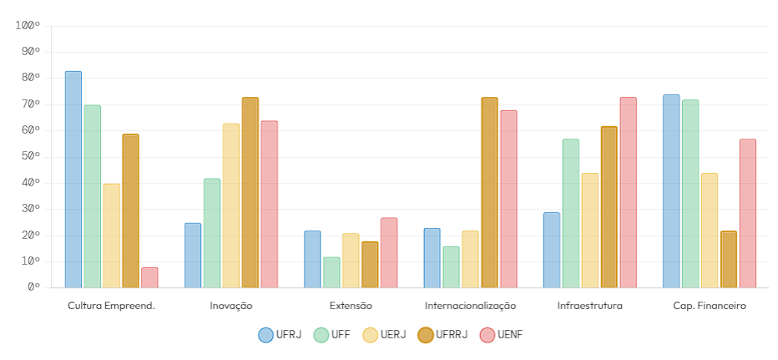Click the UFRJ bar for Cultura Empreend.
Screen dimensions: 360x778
pyautogui.click(x=73, y=180)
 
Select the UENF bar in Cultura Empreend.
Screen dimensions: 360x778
pyautogui.click(x=149, y=277)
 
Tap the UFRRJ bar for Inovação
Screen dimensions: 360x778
pyautogui.click(x=250, y=193)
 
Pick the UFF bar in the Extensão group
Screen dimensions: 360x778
pyautogui.click(x=331, y=272)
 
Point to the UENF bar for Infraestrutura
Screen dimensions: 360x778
pyautogui.click(x=628, y=193)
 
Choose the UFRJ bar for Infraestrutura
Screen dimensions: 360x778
pyautogui.click(x=552, y=250)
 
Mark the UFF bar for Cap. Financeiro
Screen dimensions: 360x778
pyautogui.click(x=690, y=194)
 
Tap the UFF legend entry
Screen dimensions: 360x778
pyautogui.click(x=331, y=335)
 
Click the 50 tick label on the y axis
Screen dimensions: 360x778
pyautogui.click(x=31, y=157)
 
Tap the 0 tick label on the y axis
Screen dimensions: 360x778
pyautogui.click(x=33, y=287)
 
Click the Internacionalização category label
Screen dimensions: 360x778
pyautogui.click(x=470, y=306)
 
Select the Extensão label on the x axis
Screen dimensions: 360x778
pyautogui.click(x=351, y=306)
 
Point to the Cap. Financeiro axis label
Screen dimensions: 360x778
pyautogui.click(x=710, y=306)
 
